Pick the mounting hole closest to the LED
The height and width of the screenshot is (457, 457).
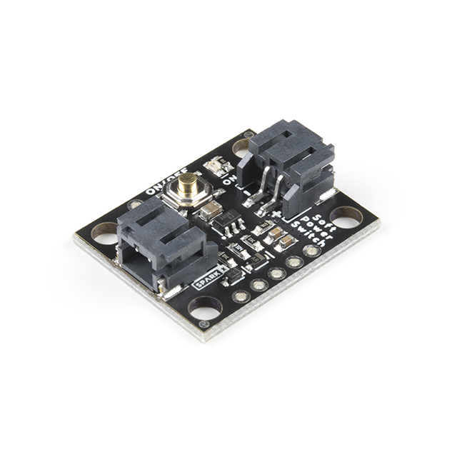pyautogui.click(x=241, y=145)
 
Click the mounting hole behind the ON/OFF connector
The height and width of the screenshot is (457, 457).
pyautogui.click(x=105, y=233)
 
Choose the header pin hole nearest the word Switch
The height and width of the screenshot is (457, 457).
pyautogui.click(x=311, y=251)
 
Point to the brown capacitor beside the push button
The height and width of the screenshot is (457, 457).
pyautogui.click(x=211, y=210)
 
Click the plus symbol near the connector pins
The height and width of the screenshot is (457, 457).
pyautogui.click(x=276, y=212)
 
